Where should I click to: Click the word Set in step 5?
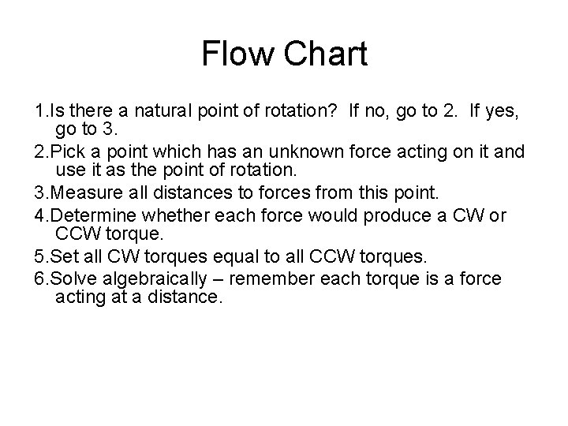click(62, 258)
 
